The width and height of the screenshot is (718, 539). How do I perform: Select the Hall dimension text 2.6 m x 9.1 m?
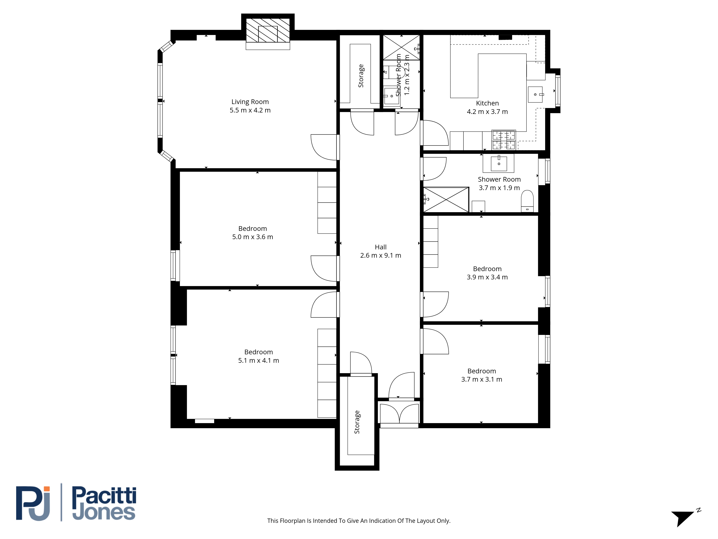point(380,255)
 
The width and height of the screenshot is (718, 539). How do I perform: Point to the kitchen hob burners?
point(503,140)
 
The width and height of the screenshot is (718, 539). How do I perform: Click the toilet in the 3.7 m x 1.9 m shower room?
point(527,201)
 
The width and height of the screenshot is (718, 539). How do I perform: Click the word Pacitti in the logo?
point(104,496)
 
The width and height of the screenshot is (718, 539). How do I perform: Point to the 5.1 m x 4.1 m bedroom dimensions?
point(258,360)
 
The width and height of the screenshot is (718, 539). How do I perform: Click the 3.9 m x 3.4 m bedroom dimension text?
point(487,277)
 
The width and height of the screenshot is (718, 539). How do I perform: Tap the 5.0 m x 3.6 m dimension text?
point(253,237)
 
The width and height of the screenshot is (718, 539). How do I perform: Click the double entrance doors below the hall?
point(399,413)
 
